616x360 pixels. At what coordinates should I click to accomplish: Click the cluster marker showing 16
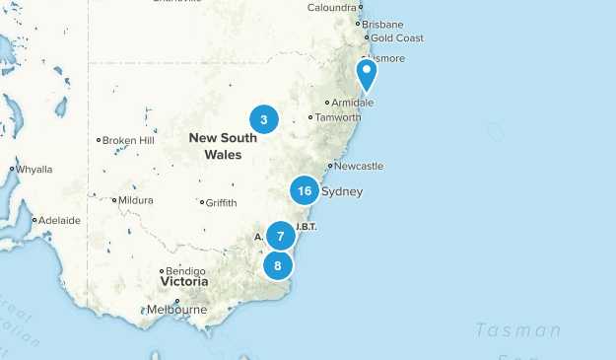coord(304,190)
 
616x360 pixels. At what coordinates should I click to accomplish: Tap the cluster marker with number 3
coord(264,119)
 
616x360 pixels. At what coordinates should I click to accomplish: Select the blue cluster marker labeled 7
coord(281,237)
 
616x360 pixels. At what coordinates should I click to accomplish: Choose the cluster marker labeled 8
coord(278,265)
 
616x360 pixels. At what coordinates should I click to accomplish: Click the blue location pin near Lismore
coord(366,73)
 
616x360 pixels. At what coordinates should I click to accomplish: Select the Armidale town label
coord(353,103)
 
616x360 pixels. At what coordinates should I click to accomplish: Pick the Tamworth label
coord(337,117)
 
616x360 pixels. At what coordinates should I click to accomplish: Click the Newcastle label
coord(359,166)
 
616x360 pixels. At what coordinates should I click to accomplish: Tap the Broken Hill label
coord(128,140)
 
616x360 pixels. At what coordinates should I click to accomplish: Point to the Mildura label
coord(135,200)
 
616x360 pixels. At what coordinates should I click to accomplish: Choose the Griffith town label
coord(221,203)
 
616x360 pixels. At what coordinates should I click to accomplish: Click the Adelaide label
coord(60,220)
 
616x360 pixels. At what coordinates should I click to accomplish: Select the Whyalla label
coord(34,170)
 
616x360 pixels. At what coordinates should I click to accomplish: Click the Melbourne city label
coord(176,310)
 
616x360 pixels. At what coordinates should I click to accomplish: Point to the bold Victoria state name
coord(184,282)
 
